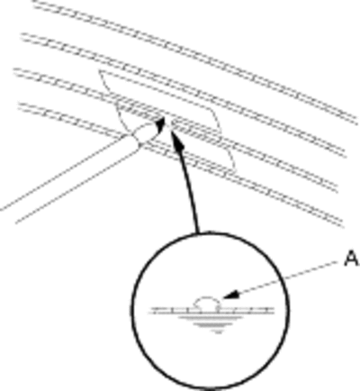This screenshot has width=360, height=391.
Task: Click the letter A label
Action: coord(352,259)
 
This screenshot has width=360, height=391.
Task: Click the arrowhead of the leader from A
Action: coord(231,295)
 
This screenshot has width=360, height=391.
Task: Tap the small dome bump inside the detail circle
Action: coord(206,302)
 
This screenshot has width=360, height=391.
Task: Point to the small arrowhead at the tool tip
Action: coord(161,124)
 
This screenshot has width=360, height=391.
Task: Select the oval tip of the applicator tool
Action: coord(144,132)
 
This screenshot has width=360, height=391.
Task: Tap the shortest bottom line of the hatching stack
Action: coord(217,332)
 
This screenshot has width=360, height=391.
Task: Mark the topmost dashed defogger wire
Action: coord(195,60)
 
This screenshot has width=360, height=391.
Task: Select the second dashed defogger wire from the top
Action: coord(184,95)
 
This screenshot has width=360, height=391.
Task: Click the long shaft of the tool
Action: coord(70,177)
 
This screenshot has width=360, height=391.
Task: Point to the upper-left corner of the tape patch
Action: coord(100,71)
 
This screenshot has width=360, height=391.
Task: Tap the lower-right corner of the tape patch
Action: coord(235,172)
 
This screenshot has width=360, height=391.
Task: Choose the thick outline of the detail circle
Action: coord(134,309)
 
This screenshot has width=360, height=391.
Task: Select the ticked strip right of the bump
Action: coord(246,310)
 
